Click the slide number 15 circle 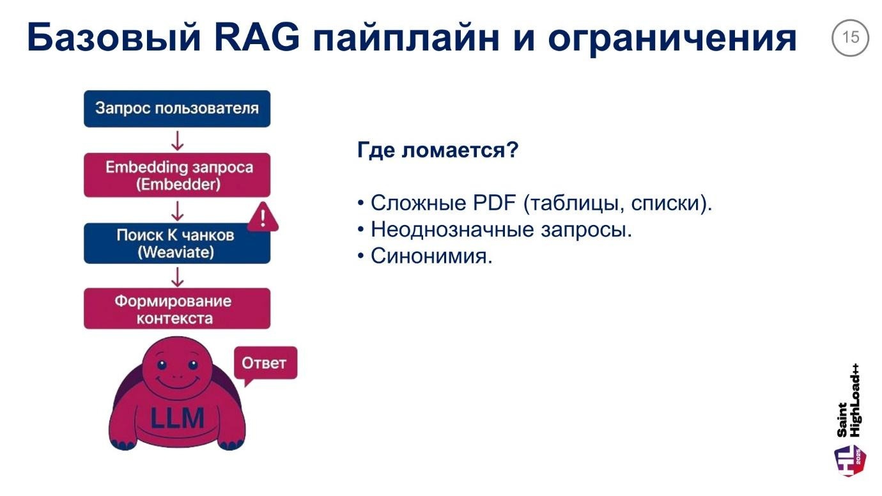click(x=851, y=38)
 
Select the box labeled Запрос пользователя click(x=177, y=108)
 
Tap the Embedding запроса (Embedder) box click(x=177, y=176)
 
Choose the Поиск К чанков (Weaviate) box click(x=177, y=244)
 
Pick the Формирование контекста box click(x=177, y=309)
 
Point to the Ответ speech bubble click(x=264, y=364)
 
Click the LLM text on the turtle click(x=177, y=419)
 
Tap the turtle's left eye click(x=161, y=365)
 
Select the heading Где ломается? click(x=437, y=151)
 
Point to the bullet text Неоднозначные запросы click(x=500, y=229)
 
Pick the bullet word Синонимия click(x=431, y=256)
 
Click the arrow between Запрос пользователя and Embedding click(x=178, y=141)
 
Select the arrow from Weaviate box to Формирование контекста click(x=178, y=276)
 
